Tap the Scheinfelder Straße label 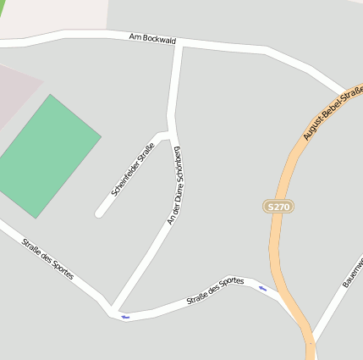(x=127, y=170)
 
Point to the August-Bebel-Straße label (x=333, y=114)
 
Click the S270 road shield (x=278, y=207)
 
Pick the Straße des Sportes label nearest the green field (x=48, y=258)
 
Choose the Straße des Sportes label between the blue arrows (x=215, y=291)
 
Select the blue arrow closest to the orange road (x=262, y=289)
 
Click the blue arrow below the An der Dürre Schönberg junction (x=125, y=317)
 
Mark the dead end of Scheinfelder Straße (x=99, y=213)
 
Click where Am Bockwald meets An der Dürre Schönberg (x=179, y=44)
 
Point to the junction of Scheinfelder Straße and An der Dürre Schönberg (x=171, y=134)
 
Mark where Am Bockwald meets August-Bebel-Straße (x=347, y=91)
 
